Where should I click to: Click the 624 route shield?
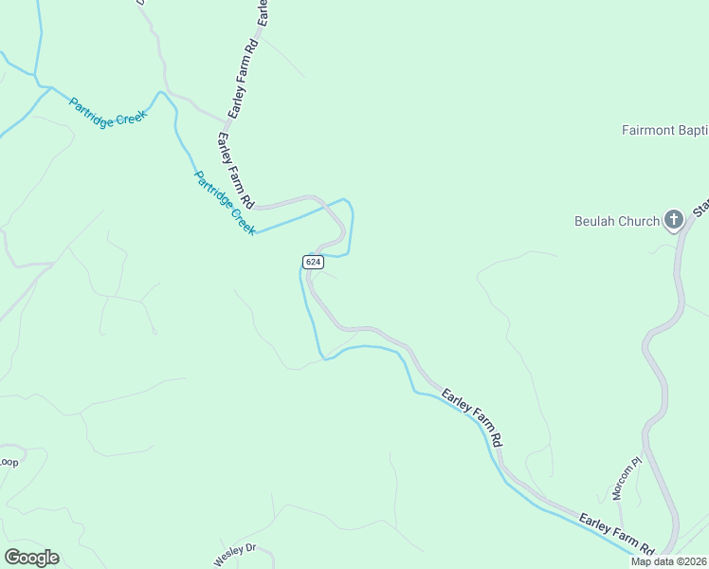tap(314, 260)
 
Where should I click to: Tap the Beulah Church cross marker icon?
tap(673, 221)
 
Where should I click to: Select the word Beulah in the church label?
tap(594, 221)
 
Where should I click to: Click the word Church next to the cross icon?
tap(639, 221)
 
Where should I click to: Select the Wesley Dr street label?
tap(236, 553)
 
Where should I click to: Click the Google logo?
tap(31, 558)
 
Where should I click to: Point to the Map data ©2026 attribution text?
tap(669, 561)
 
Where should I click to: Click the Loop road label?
tap(9, 462)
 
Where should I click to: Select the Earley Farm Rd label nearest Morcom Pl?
tap(617, 535)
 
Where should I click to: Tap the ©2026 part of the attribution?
tap(688, 561)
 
